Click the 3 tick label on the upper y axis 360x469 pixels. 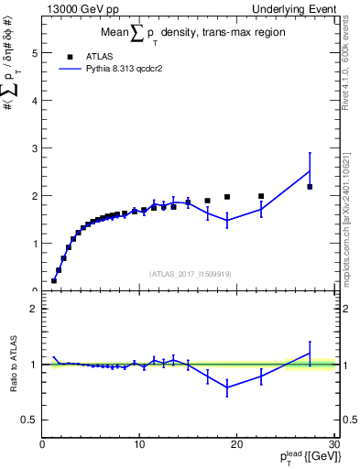[x=35, y=148]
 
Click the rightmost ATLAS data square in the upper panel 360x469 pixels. [x=310, y=187]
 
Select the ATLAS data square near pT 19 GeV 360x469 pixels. [x=227, y=197]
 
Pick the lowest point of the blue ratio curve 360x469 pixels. [x=227, y=387]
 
